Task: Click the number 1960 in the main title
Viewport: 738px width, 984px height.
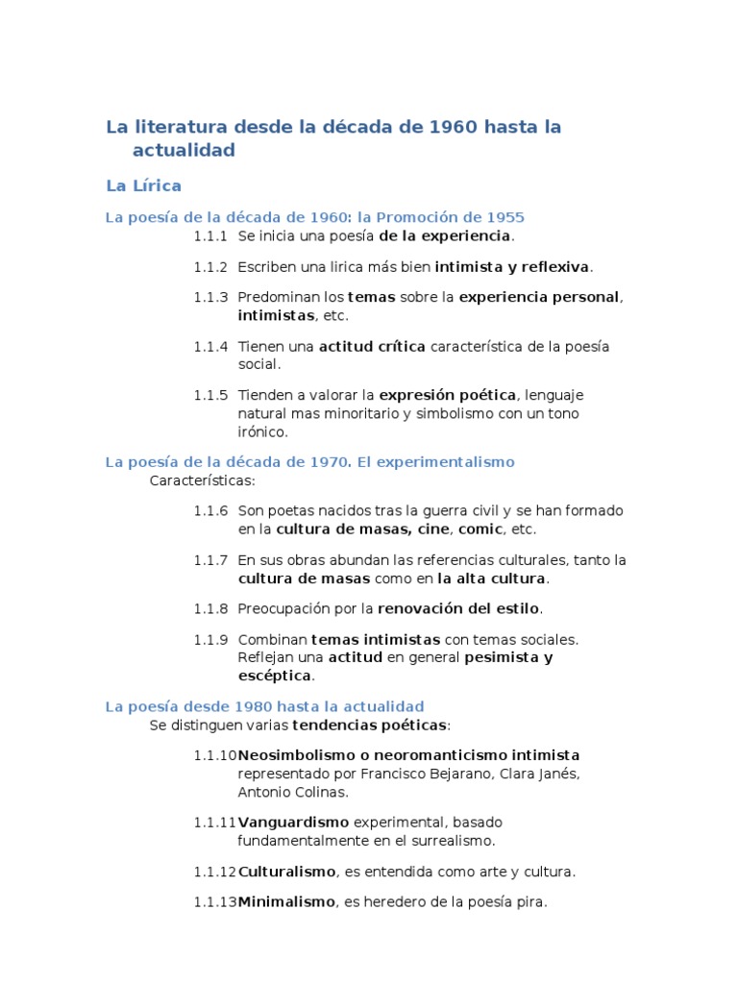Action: point(453,127)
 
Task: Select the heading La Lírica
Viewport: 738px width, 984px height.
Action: point(143,184)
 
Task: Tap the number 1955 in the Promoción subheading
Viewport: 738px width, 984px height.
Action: point(505,217)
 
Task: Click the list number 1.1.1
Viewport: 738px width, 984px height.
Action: point(210,235)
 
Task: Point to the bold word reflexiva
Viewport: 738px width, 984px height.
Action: point(554,266)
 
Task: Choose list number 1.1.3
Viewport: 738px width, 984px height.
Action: point(210,297)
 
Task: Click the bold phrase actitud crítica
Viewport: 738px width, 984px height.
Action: point(372,346)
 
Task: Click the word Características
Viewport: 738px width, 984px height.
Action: point(203,480)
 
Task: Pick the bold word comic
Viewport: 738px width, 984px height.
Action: point(480,529)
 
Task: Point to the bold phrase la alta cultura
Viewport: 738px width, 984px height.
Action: point(491,578)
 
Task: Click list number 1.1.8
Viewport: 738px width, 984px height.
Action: point(210,608)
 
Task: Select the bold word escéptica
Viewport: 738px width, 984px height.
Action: point(275,676)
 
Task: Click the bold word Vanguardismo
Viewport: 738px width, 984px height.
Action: point(293,823)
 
